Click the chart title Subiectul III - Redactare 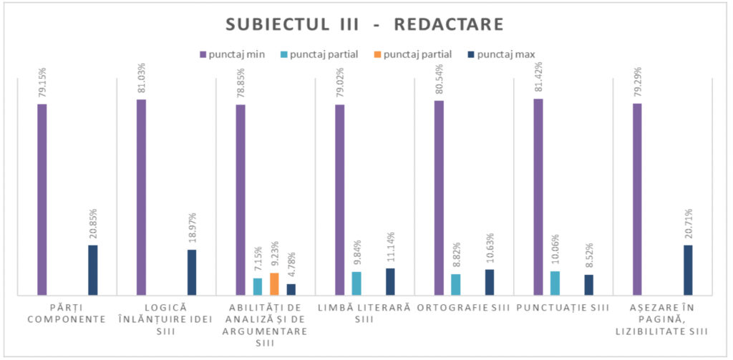pos(365,24)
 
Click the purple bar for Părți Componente pos(42,199)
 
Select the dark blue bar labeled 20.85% pos(92,270)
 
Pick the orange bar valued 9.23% pos(274,283)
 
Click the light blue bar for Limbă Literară pos(356,283)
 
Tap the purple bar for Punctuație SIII pos(538,196)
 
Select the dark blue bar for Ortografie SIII pos(490,282)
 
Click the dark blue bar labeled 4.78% pos(291,289)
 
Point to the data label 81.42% pos(538,78)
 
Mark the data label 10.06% pos(555,250)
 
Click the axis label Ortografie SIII pos(464,308)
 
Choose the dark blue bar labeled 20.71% pos(688,270)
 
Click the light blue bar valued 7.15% pos(258,286)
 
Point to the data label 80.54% pos(439,79)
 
